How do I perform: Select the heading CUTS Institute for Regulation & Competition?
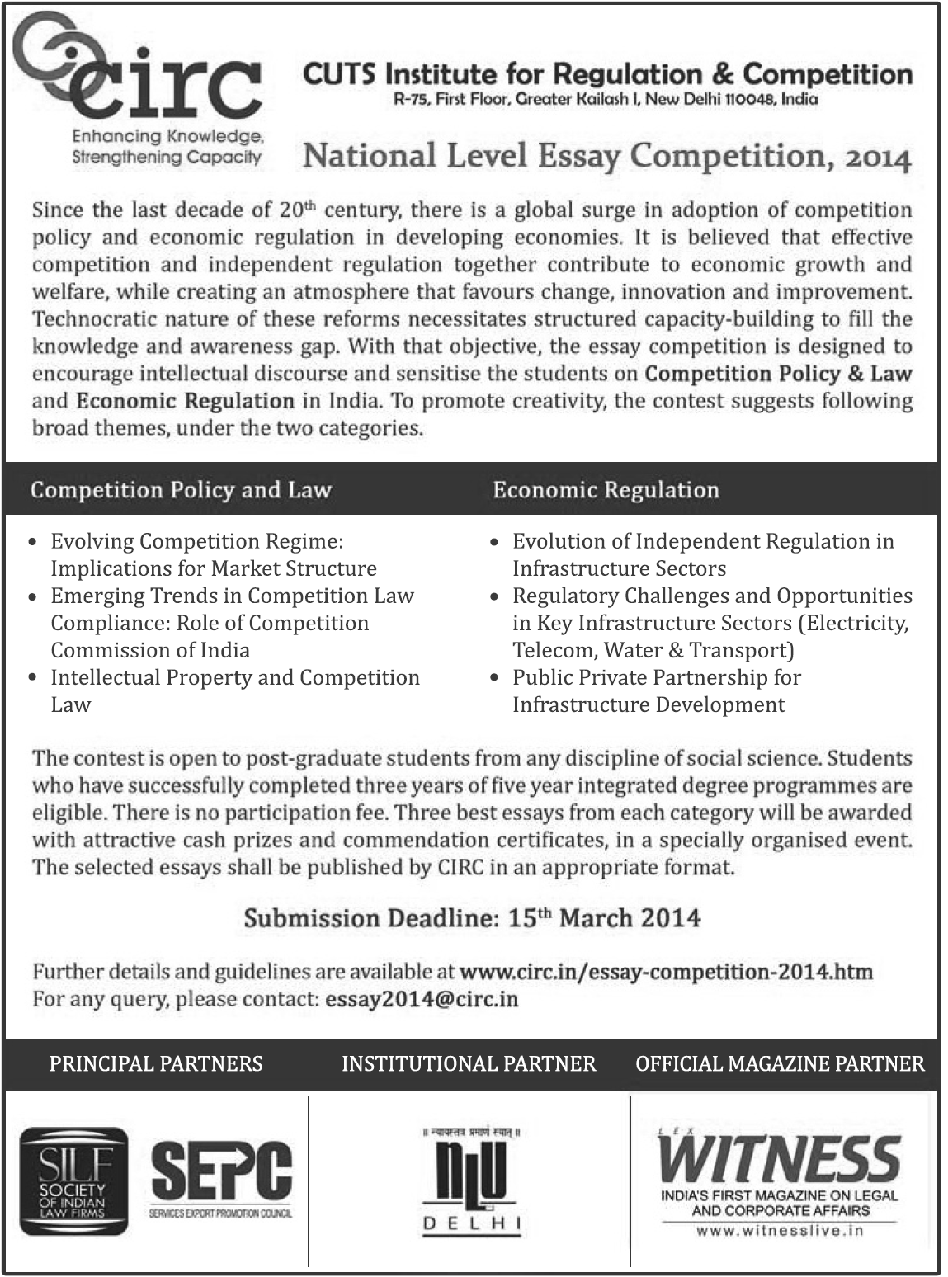[607, 74]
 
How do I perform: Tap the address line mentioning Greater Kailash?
[606, 100]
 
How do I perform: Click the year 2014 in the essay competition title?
[876, 157]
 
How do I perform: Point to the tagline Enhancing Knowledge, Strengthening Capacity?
[167, 147]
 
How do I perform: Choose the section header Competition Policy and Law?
[181, 490]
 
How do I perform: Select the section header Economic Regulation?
[606, 490]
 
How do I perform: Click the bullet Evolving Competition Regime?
[197, 542]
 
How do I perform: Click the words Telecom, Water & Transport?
[653, 650]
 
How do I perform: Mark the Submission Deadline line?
[472, 918]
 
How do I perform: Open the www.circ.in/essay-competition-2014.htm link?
[665, 972]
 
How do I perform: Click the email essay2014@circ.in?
[422, 999]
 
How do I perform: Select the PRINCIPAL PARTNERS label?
[156, 1064]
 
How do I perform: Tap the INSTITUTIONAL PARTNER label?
[469, 1064]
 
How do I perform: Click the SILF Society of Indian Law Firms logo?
[73, 1181]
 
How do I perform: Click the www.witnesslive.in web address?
[780, 1230]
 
